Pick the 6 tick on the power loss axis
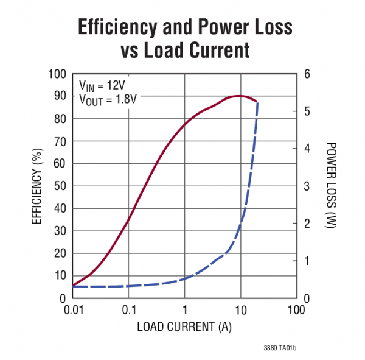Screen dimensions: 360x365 (x=307, y=74)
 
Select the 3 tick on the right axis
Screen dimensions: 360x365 (x=307, y=186)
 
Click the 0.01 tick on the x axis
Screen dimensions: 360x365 (x=72, y=310)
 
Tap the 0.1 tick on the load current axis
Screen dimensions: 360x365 (x=128, y=310)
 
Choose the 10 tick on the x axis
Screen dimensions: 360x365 (x=240, y=310)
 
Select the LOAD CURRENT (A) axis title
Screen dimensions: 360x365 (x=184, y=326)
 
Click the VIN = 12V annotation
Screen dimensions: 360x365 (x=102, y=85)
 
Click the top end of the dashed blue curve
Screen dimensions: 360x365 (x=258, y=102)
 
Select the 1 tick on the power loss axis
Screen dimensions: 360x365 (x=307, y=261)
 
